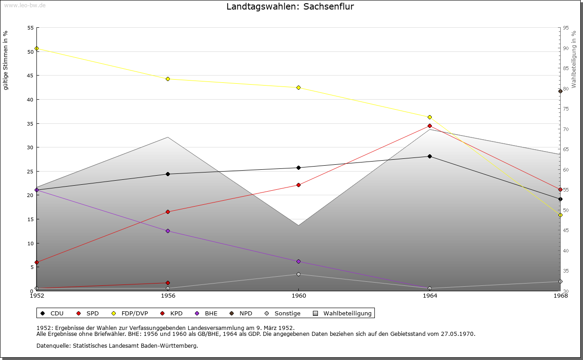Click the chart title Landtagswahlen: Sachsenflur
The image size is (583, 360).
pyautogui.click(x=290, y=7)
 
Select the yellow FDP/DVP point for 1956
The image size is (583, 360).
pyautogui.click(x=168, y=79)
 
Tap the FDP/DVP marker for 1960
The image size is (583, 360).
pyautogui.click(x=299, y=87)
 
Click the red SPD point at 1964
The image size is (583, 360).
pyautogui.click(x=430, y=126)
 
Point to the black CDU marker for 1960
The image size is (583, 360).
pyautogui.click(x=299, y=167)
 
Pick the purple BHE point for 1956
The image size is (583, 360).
pyautogui.click(x=168, y=231)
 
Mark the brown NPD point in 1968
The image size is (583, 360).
pyautogui.click(x=560, y=91)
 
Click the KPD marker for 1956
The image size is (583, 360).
pyautogui.click(x=168, y=283)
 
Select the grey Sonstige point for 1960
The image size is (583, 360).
pyautogui.click(x=299, y=274)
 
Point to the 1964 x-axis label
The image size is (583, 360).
pyautogui.click(x=430, y=296)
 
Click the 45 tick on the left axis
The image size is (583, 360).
pyautogui.click(x=31, y=76)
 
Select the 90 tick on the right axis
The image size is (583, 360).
pyautogui.click(x=565, y=48)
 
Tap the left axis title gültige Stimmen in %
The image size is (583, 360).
pyautogui.click(x=6, y=60)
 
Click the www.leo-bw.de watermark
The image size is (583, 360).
pyautogui.click(x=24, y=5)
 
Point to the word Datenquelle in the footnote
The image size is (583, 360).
pyautogui.click(x=52, y=346)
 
